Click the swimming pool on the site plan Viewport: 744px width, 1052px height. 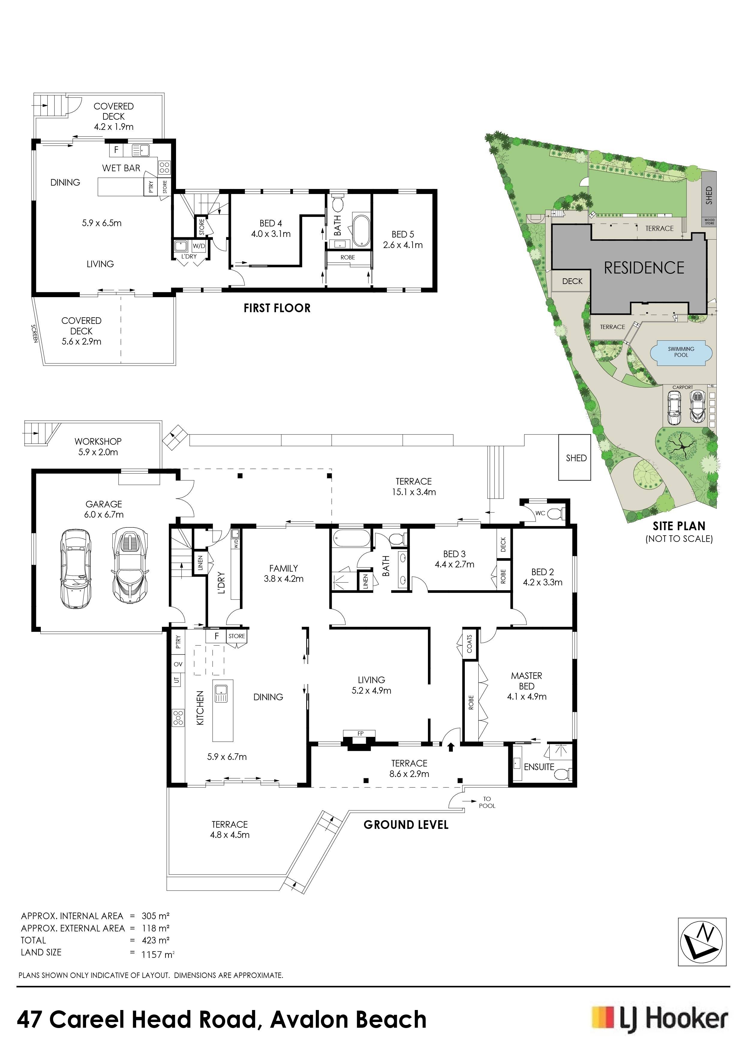coord(681,352)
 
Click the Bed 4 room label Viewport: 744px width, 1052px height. coord(271,229)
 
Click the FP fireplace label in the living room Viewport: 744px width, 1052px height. coord(360,734)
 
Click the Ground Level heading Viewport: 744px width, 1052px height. coord(406,825)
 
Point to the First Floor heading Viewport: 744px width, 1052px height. coord(277,308)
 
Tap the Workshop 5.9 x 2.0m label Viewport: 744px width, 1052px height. coord(98,447)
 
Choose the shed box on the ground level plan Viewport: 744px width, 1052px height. coord(575,457)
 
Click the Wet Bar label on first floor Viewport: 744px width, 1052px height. coord(121,168)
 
